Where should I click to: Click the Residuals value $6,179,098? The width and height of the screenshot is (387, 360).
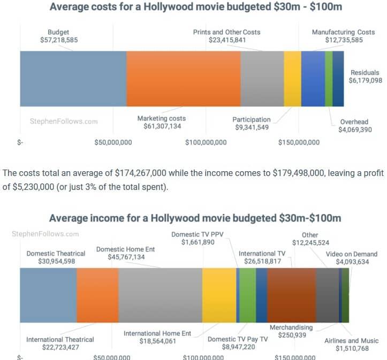366,80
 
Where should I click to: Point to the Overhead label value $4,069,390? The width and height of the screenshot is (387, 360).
353,129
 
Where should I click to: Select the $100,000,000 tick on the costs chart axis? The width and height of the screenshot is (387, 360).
206,142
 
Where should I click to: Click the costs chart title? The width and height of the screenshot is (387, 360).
195,7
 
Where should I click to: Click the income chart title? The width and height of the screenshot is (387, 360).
195,218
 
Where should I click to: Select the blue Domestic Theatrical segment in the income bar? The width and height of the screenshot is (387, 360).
48,295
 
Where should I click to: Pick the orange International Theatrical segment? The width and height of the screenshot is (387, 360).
97,295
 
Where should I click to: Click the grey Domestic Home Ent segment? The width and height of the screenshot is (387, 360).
160,295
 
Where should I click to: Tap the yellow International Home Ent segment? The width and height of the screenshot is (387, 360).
219,295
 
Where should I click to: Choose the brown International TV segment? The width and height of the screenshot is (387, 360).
291,295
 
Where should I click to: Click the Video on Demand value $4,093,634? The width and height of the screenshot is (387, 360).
352,262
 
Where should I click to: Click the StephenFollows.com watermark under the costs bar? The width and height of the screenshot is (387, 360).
63,121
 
